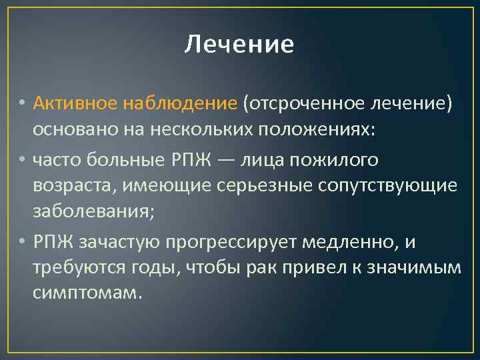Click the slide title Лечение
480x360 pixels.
coord(239,45)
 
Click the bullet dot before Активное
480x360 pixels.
coord(23,104)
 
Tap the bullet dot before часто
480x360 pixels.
coord(23,160)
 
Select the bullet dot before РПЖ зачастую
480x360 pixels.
coord(23,241)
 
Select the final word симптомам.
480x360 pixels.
coord(87,294)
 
